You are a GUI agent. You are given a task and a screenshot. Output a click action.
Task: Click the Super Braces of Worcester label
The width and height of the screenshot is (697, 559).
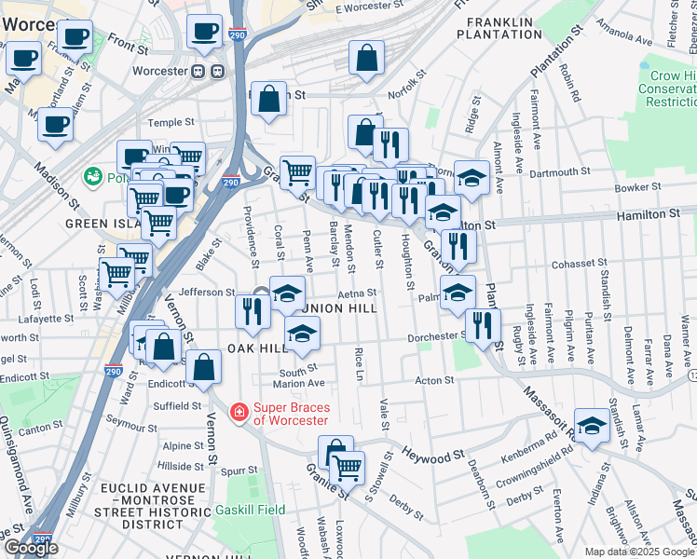click(x=291, y=413)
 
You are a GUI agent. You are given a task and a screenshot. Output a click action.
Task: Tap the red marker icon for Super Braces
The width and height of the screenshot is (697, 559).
click(x=239, y=411)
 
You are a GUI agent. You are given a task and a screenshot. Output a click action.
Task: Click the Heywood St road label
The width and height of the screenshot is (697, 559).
click(x=432, y=455)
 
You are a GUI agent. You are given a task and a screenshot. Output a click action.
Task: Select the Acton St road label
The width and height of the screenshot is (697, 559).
click(x=433, y=380)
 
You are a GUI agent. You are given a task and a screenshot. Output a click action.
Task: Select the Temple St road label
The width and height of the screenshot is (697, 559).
click(x=171, y=122)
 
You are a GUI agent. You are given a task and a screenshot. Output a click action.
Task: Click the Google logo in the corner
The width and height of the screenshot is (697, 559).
click(x=33, y=548)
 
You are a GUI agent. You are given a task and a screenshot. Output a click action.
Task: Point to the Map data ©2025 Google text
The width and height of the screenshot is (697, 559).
click(x=639, y=552)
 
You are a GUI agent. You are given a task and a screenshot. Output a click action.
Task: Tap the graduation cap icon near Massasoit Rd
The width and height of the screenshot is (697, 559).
click(x=592, y=425)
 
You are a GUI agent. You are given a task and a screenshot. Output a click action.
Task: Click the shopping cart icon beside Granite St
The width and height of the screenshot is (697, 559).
click(x=348, y=468)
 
